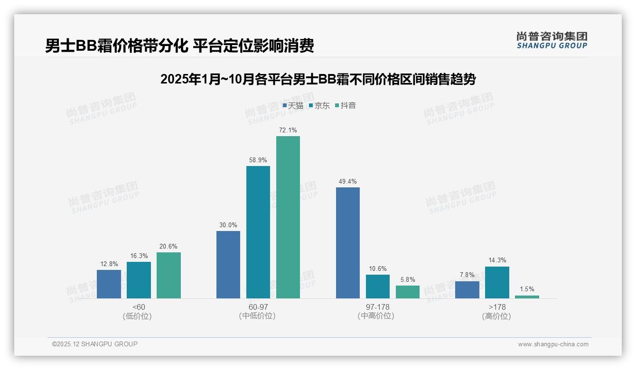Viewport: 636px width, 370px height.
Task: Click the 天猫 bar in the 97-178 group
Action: coord(348,243)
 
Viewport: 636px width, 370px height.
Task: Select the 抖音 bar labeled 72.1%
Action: coord(288,217)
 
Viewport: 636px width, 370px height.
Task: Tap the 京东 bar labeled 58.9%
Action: coord(258,232)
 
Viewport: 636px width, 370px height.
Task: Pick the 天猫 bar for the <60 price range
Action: coord(109,284)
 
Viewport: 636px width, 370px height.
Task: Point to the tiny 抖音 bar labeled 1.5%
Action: coord(527,297)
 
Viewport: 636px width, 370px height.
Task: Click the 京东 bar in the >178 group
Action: coord(497,282)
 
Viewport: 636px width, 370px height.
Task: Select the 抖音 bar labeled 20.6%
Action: coord(168,275)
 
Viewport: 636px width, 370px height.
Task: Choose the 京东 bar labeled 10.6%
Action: coord(378,287)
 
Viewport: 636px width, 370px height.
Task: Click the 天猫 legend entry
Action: coord(293,106)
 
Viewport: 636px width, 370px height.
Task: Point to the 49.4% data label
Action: coord(348,182)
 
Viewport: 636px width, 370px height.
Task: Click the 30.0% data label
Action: coord(228,225)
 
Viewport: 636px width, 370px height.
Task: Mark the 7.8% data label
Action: coord(467,275)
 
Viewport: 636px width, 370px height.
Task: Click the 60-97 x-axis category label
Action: coord(258,307)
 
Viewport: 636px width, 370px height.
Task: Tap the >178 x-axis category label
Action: coord(497,307)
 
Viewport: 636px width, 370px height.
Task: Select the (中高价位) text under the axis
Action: coord(376,316)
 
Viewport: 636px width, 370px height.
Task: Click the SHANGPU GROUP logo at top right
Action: coord(552,40)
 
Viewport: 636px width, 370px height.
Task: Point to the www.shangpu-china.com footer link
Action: coord(553,344)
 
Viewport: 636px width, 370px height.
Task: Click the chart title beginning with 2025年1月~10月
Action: coord(318,79)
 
